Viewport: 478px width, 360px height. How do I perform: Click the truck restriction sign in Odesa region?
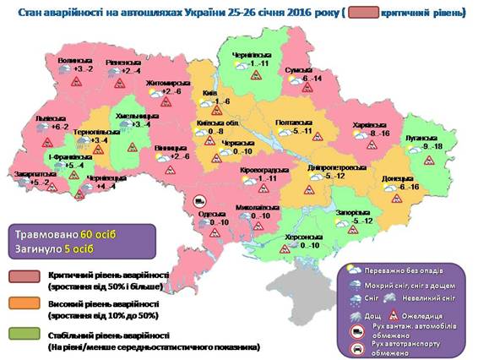coord(200,200)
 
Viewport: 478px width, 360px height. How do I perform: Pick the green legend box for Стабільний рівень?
coord(24,335)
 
